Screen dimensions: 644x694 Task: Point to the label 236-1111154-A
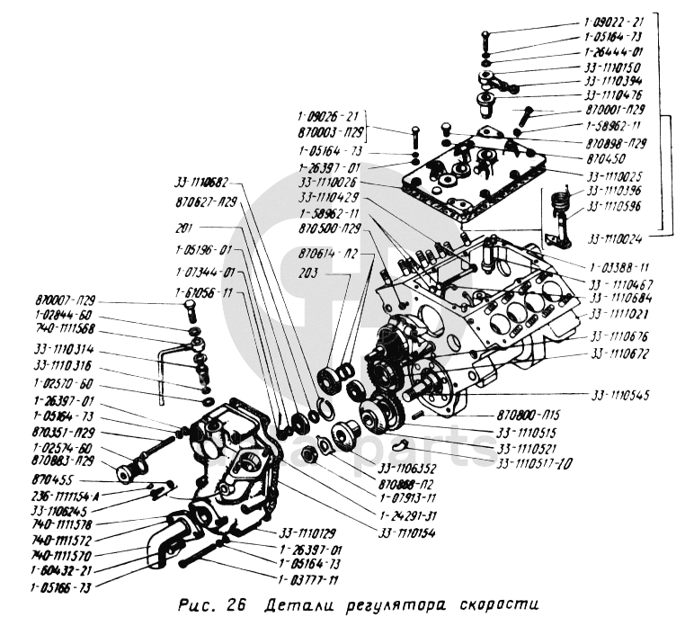tap(68, 496)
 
